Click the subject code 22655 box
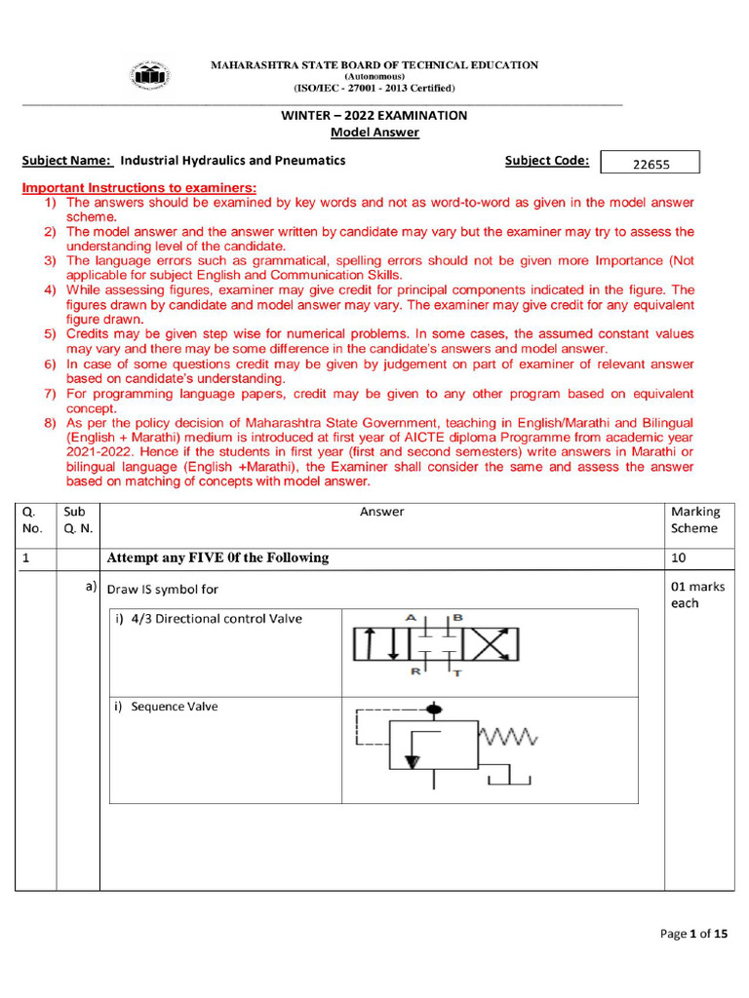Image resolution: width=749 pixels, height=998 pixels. coord(650,164)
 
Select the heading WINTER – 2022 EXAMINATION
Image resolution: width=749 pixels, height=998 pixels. coord(374,115)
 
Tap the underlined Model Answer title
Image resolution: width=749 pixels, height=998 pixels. coord(374,133)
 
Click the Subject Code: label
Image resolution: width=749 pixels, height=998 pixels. coord(546,161)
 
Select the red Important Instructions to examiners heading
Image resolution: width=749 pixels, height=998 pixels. coord(139,187)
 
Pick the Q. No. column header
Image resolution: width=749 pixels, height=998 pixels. coord(34,519)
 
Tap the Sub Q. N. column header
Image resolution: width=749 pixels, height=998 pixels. coord(77,519)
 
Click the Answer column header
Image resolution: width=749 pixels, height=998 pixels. coord(381,512)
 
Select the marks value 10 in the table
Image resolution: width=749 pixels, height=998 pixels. coord(678,558)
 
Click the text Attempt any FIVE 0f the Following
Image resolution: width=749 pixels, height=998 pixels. coord(217,558)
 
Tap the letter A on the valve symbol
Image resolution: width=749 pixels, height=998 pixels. coord(411,617)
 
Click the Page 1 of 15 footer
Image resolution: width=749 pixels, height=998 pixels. coord(693,934)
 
